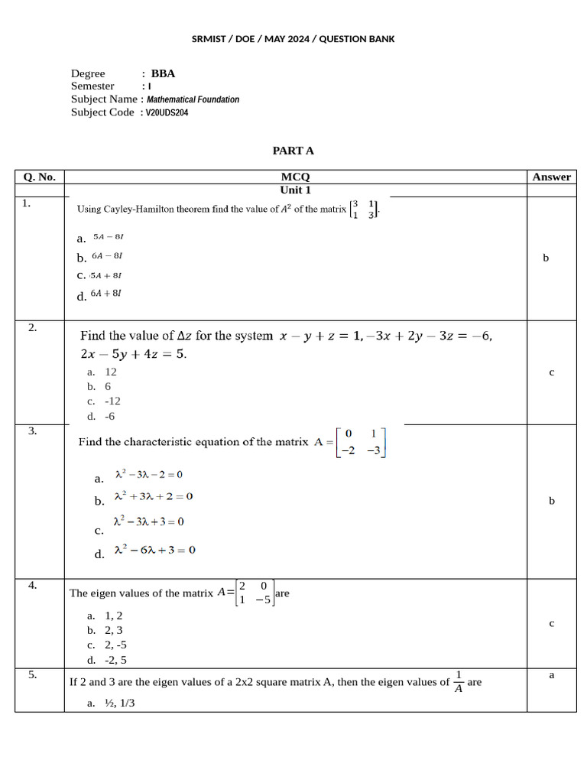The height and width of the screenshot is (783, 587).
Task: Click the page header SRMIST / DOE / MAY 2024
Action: [293, 39]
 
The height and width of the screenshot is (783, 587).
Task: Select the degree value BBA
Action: [163, 73]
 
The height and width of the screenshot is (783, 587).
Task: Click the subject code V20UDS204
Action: [167, 112]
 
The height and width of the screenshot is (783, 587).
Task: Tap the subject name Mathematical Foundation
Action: [193, 99]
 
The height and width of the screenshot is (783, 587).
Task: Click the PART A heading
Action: [293, 151]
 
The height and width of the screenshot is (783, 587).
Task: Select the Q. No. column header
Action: [39, 177]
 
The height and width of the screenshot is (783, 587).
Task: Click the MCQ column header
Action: [295, 177]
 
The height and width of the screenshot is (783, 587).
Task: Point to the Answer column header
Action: [551, 177]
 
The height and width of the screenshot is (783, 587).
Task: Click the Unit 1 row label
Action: [295, 190]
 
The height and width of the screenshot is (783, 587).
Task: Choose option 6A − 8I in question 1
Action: [107, 256]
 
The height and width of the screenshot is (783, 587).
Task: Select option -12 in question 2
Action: [112, 401]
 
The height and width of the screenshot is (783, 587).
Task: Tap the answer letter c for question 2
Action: [551, 372]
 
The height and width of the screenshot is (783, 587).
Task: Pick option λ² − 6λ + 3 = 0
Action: [154, 550]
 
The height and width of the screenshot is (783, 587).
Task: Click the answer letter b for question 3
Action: [551, 501]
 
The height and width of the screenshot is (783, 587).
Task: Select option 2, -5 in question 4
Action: [116, 645]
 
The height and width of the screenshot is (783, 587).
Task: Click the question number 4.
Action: [33, 586]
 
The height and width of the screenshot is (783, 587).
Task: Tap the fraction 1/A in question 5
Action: [458, 681]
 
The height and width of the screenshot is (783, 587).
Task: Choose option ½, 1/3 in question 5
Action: [119, 703]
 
